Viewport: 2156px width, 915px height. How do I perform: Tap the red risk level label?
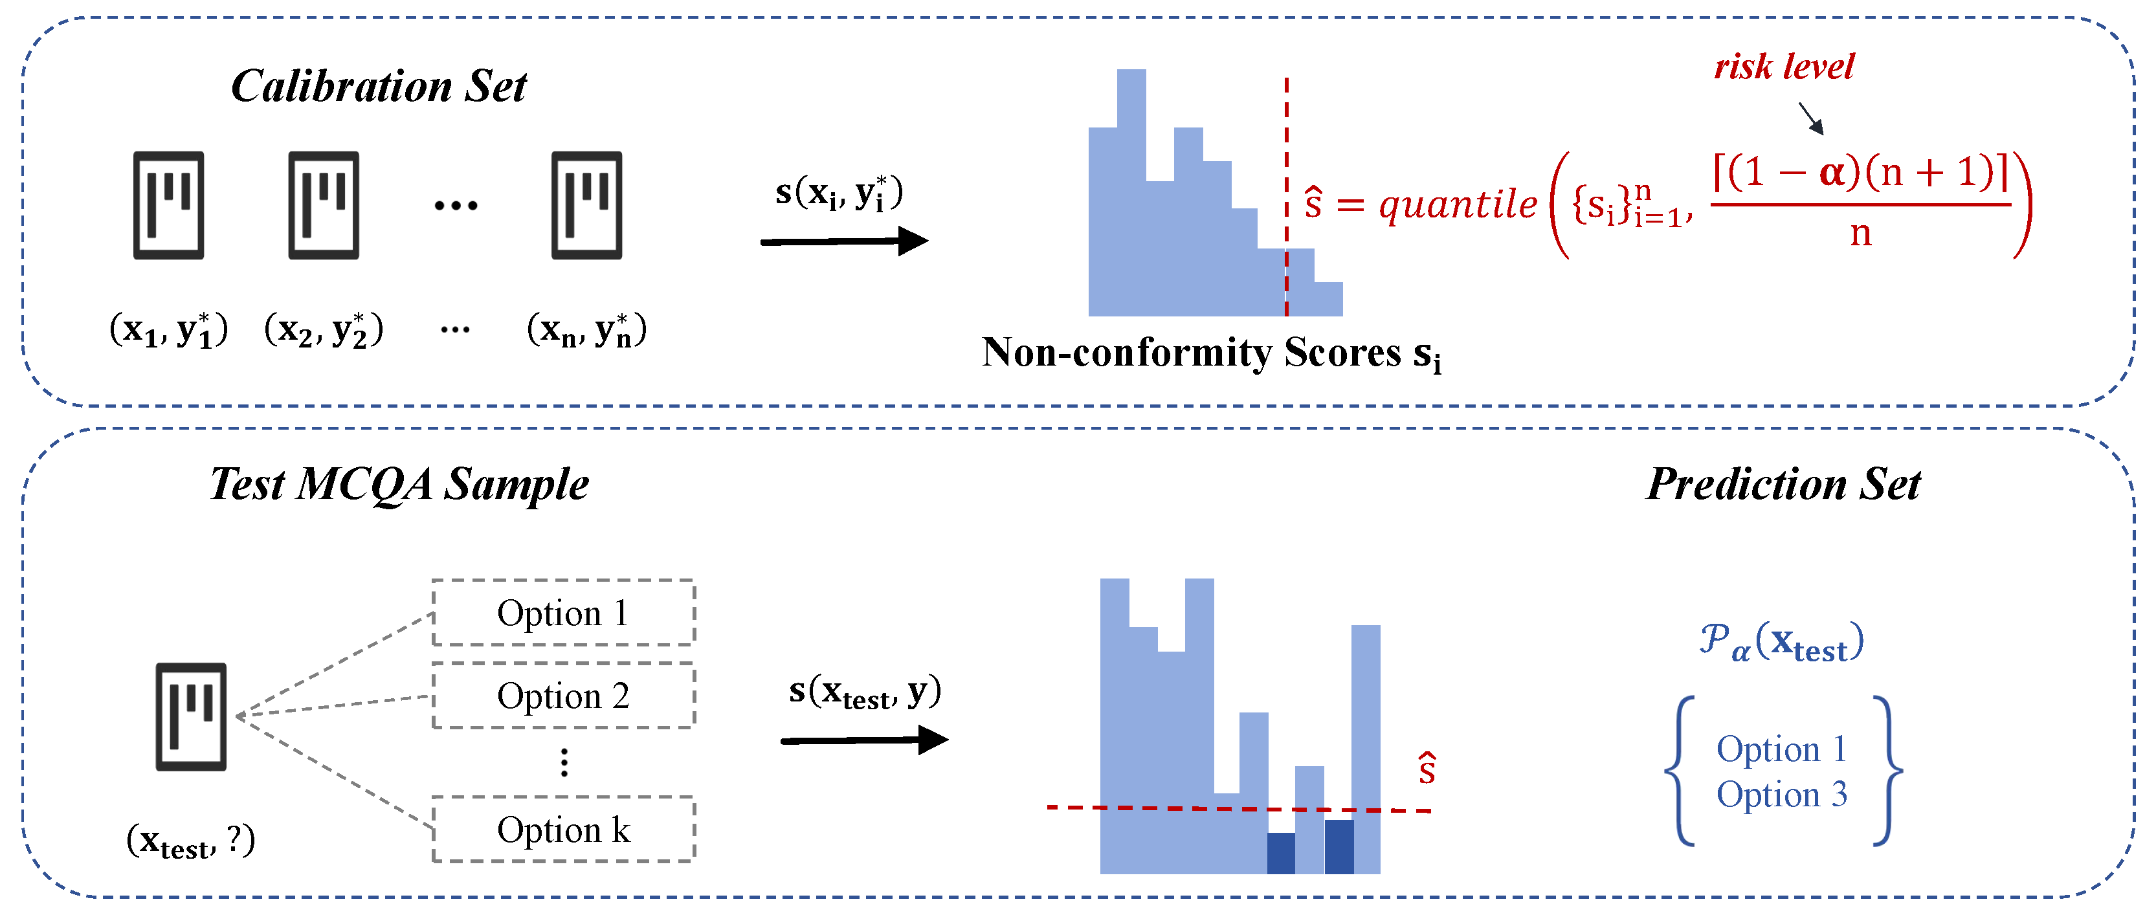point(1784,67)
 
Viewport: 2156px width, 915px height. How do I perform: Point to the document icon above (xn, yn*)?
point(586,205)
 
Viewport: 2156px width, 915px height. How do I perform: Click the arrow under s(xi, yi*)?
point(843,242)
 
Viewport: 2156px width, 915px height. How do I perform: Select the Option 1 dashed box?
point(563,613)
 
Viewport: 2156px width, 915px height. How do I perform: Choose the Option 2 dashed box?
point(563,696)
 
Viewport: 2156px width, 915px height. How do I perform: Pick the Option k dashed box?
point(563,830)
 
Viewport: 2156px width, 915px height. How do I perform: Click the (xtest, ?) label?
point(191,841)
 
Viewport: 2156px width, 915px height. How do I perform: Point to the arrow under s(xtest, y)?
point(863,740)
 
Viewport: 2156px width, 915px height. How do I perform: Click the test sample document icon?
point(191,717)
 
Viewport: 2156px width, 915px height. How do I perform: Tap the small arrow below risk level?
point(1810,118)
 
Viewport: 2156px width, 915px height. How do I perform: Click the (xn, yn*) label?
point(586,329)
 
